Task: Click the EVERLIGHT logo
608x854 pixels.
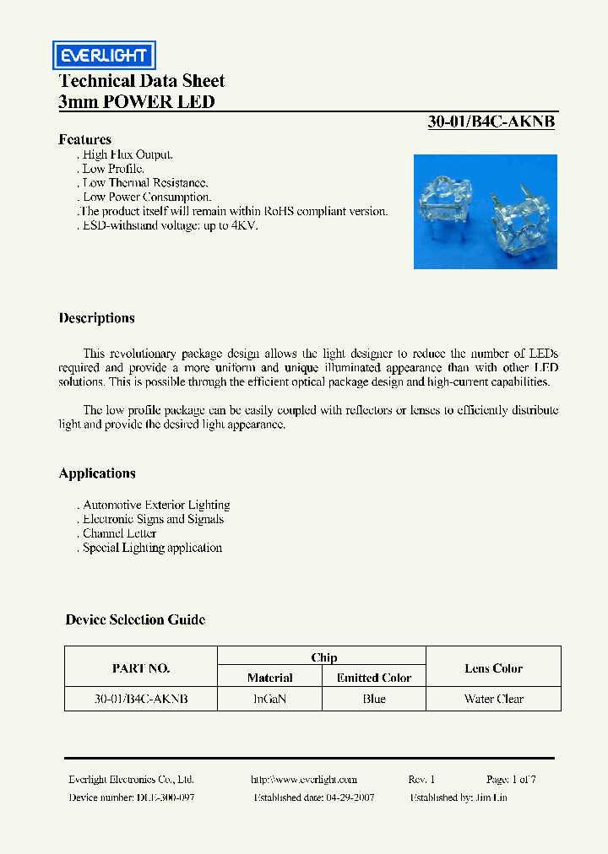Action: coord(102,56)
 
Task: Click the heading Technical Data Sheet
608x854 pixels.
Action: coord(141,81)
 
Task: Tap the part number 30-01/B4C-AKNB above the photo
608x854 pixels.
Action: coord(491,122)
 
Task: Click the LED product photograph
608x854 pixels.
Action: coord(485,211)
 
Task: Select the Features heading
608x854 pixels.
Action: coord(84,139)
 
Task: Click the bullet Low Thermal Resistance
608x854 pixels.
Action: coord(144,182)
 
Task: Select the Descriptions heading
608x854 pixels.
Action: coord(96,318)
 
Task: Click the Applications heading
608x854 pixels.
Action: coord(97,473)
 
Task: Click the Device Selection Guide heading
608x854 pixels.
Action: coord(135,619)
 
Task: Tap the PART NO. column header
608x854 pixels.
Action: coord(141,668)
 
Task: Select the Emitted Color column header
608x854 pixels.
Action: coord(374,678)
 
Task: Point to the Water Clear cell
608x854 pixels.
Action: coord(493,699)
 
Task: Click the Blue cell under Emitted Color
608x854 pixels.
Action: coord(374,699)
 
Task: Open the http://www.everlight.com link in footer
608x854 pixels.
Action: coord(304,780)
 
